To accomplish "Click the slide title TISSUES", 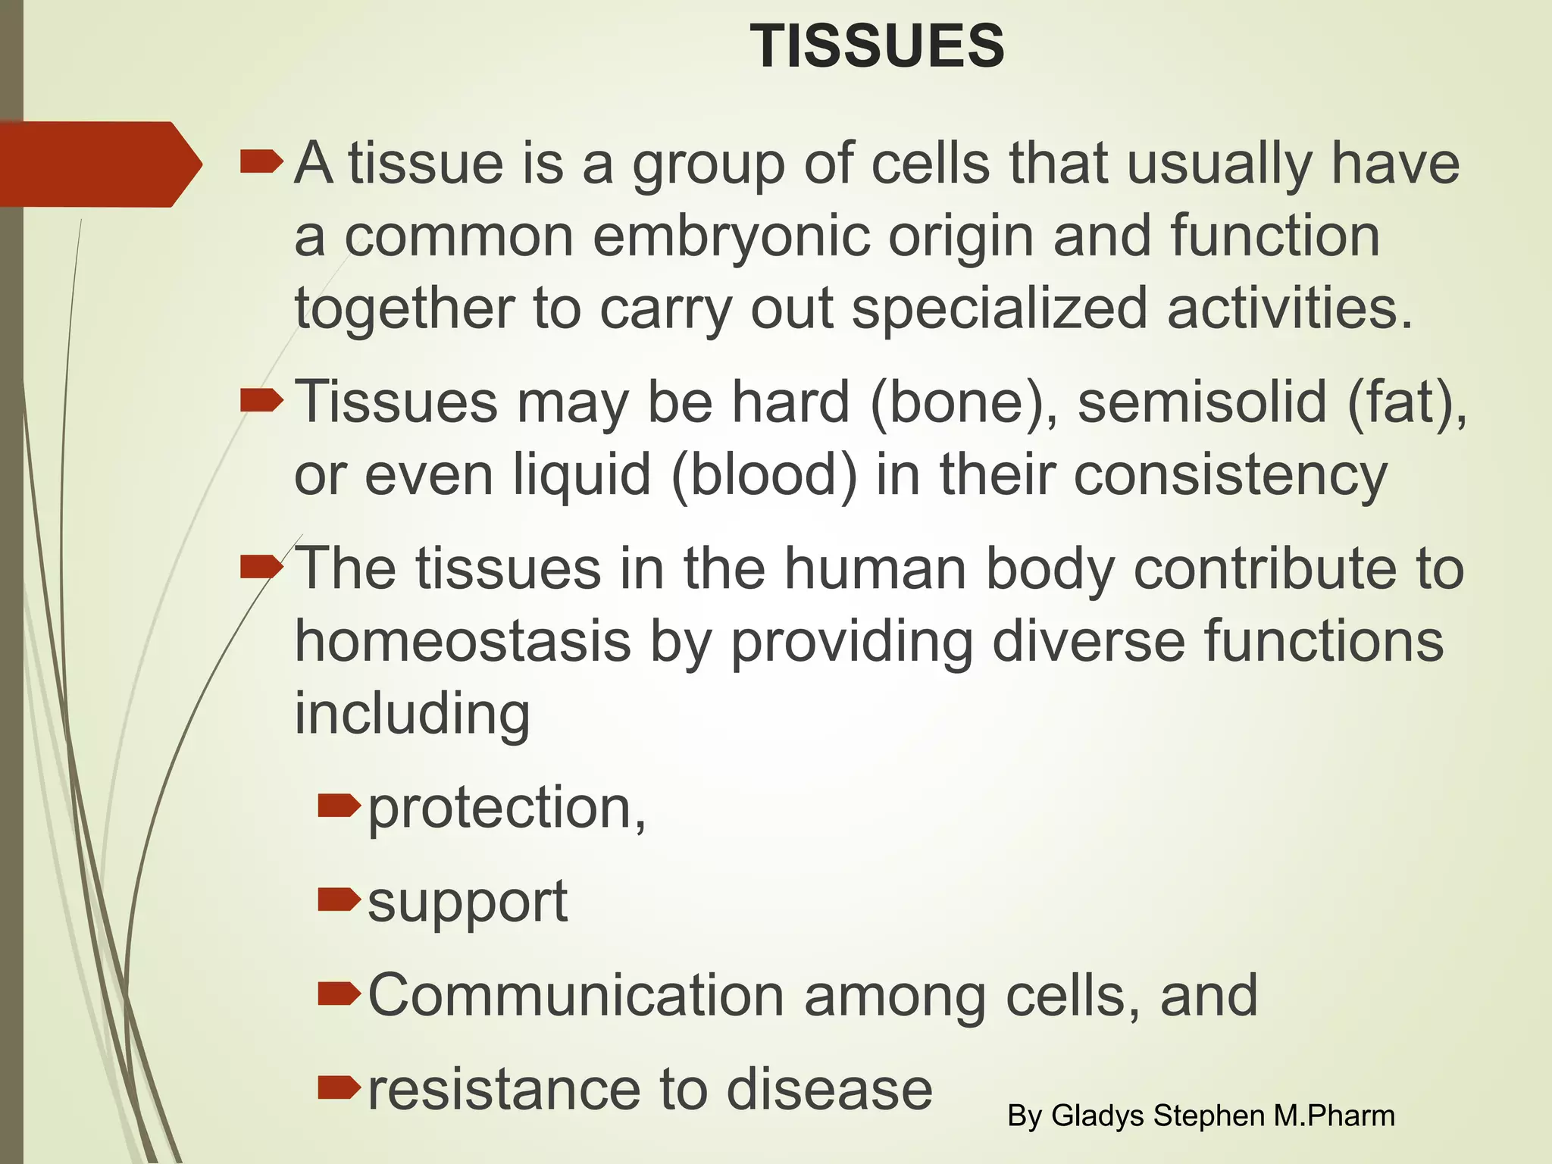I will pyautogui.click(x=877, y=46).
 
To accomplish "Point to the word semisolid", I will pyautogui.click(x=1202, y=402).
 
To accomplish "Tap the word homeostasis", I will pyautogui.click(x=462, y=641).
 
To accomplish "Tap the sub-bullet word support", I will pyautogui.click(x=468, y=903).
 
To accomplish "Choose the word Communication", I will pyautogui.click(x=576, y=995).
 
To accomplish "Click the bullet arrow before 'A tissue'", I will pyautogui.click(x=261, y=162).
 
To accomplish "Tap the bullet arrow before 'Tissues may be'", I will pyautogui.click(x=261, y=401).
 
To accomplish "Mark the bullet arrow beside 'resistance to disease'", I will pyautogui.click(x=338, y=1088).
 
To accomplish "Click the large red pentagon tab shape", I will pyautogui.click(x=95, y=164).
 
